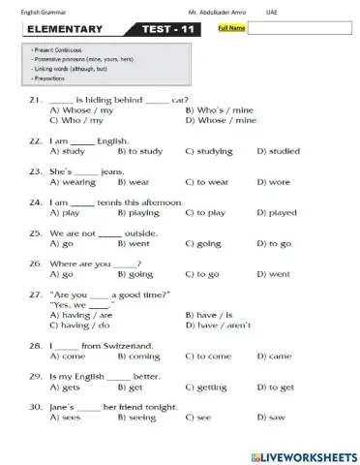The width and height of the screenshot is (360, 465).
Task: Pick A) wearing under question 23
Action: coord(73,181)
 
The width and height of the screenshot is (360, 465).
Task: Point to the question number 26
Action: coord(36,263)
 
